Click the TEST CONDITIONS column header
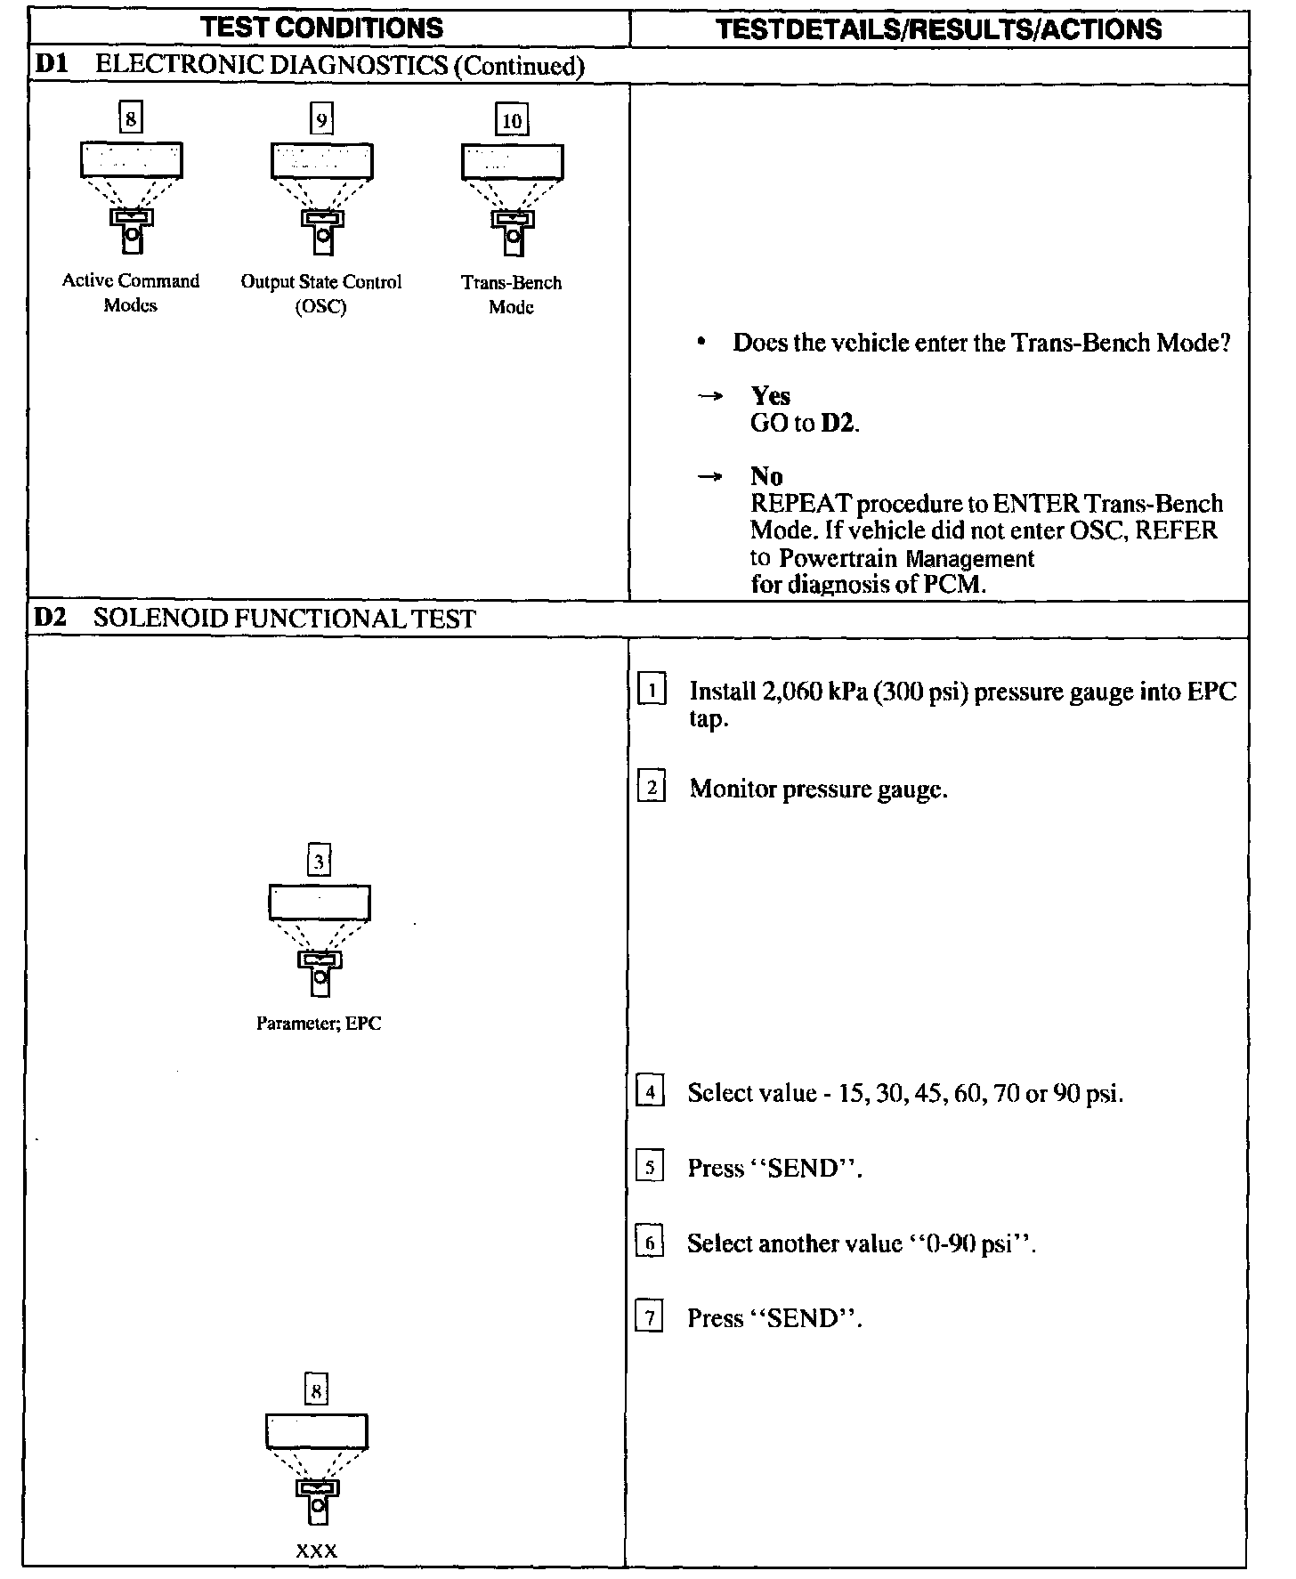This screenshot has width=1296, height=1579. coord(322,28)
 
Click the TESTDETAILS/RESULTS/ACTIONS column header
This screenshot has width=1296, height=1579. coord(939,29)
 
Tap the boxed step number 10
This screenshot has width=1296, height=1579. coord(512,120)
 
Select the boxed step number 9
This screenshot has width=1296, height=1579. coord(321,119)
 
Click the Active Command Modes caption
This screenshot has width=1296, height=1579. coord(131,293)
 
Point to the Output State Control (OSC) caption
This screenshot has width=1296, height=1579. coord(321,294)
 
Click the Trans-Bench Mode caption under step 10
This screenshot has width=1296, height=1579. coord(512,295)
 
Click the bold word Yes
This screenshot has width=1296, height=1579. coord(770,395)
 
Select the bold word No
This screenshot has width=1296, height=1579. coord(765,476)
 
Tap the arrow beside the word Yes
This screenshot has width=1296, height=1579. coord(709,397)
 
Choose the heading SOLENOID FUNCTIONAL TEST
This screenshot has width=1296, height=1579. coord(284,619)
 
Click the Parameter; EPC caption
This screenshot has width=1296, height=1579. coord(319,1024)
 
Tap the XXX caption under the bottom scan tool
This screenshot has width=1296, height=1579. coord(317,1552)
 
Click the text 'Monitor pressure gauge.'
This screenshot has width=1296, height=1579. coord(818,789)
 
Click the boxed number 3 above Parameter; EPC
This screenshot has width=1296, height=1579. coord(320,862)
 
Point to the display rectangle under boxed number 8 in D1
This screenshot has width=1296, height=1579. coord(132,161)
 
